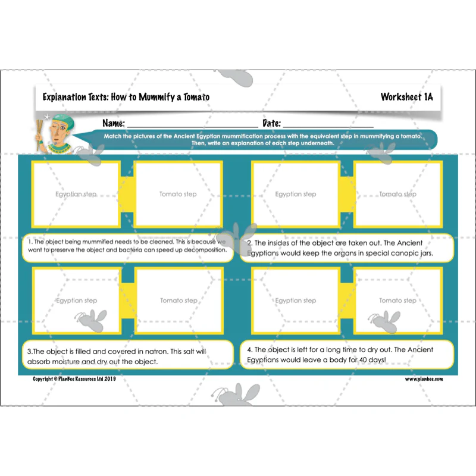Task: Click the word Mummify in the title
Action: click(x=156, y=97)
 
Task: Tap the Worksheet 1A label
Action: click(x=407, y=97)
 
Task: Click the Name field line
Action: click(x=193, y=127)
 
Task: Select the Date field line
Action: click(x=328, y=127)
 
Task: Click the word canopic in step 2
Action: click(x=397, y=253)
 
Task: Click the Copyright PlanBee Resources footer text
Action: click(x=74, y=379)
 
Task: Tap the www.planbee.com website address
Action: click(x=424, y=379)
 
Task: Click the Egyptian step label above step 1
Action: click(x=76, y=195)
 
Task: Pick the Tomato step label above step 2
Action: click(x=397, y=194)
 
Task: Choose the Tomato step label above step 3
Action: click(x=179, y=300)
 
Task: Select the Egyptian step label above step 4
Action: click(x=296, y=300)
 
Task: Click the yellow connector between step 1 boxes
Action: click(x=127, y=195)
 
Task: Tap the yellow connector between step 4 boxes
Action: click(x=347, y=300)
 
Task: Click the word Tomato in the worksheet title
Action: click(x=196, y=97)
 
